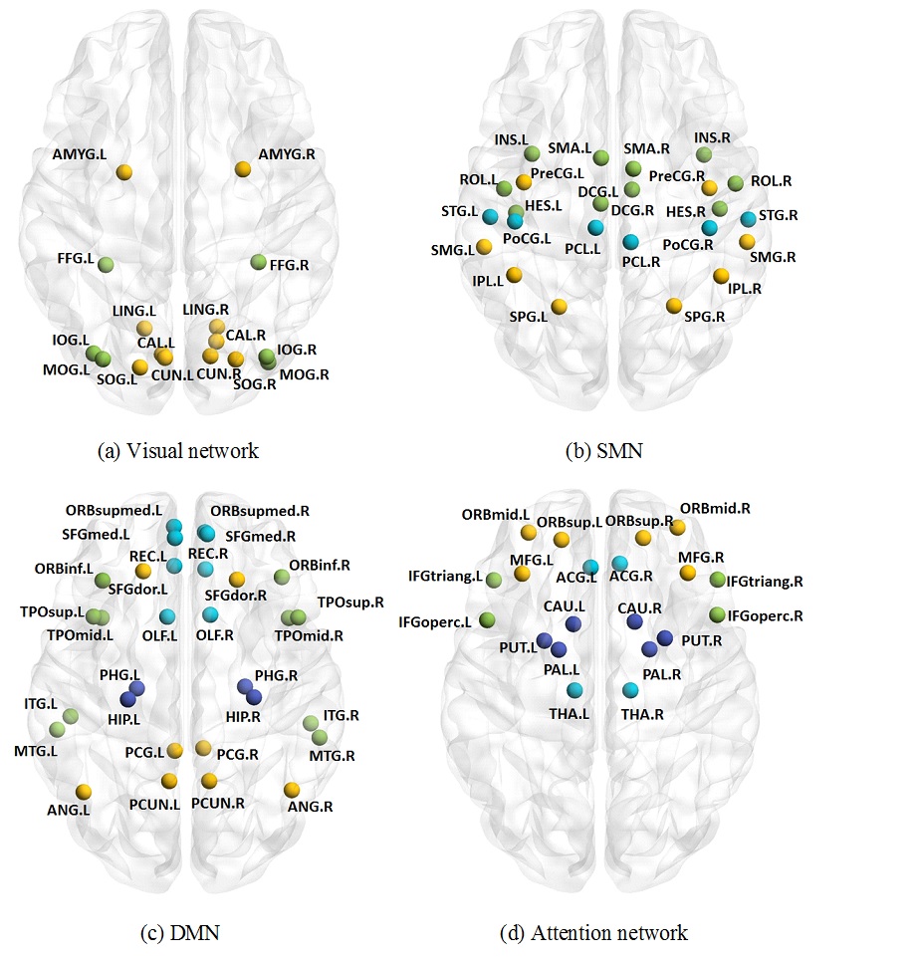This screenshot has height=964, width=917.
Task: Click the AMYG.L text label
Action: click(x=85, y=155)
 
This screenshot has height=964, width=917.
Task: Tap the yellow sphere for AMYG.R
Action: click(x=243, y=170)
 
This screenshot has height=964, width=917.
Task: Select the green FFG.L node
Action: click(x=107, y=264)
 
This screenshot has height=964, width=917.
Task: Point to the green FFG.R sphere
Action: click(x=258, y=262)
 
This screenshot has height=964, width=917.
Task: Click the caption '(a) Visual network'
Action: click(x=178, y=451)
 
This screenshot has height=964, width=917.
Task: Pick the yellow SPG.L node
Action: click(x=559, y=306)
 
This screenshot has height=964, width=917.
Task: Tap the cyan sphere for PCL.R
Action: click(x=630, y=242)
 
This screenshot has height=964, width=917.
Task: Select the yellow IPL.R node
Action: click(x=721, y=276)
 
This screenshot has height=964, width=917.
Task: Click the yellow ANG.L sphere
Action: click(x=84, y=791)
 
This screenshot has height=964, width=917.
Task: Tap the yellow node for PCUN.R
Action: click(x=209, y=780)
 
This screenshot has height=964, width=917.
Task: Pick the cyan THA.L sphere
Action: click(x=574, y=690)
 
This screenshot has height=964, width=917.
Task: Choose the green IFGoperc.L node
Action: click(x=488, y=620)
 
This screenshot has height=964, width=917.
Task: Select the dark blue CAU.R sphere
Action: click(x=635, y=621)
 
